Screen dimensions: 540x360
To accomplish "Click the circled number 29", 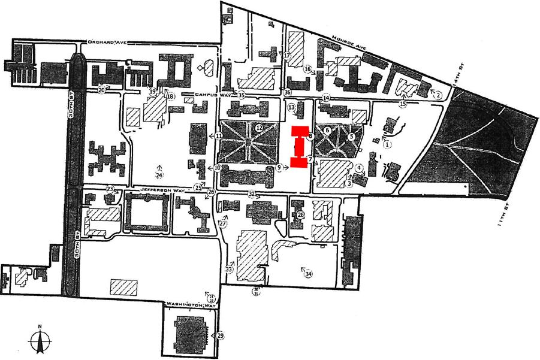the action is click(x=221, y=335).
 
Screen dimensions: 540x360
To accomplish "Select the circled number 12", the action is click(x=259, y=128).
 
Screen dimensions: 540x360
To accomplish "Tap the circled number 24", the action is click(x=159, y=176).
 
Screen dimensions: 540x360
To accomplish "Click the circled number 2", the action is click(x=438, y=95).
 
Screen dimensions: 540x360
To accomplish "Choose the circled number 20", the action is click(x=101, y=90).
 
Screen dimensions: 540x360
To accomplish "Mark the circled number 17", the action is click(x=287, y=55).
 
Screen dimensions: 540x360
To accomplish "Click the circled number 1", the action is click(x=387, y=144).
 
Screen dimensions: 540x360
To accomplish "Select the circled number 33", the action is click(x=228, y=270).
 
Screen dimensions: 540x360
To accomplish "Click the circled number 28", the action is click(x=301, y=214).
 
